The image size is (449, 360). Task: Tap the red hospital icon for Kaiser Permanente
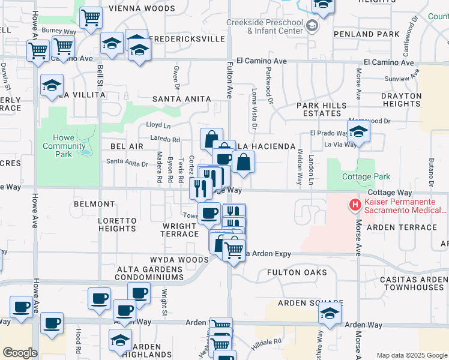[355, 205]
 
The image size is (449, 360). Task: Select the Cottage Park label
[366, 176]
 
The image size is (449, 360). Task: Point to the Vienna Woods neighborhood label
[142, 9]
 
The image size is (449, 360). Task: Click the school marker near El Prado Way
[358, 133]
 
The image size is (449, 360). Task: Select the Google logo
[20, 353]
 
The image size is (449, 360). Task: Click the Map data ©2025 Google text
[411, 355]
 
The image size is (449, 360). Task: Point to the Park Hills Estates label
[322, 109]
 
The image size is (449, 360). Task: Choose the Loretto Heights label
[118, 225]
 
